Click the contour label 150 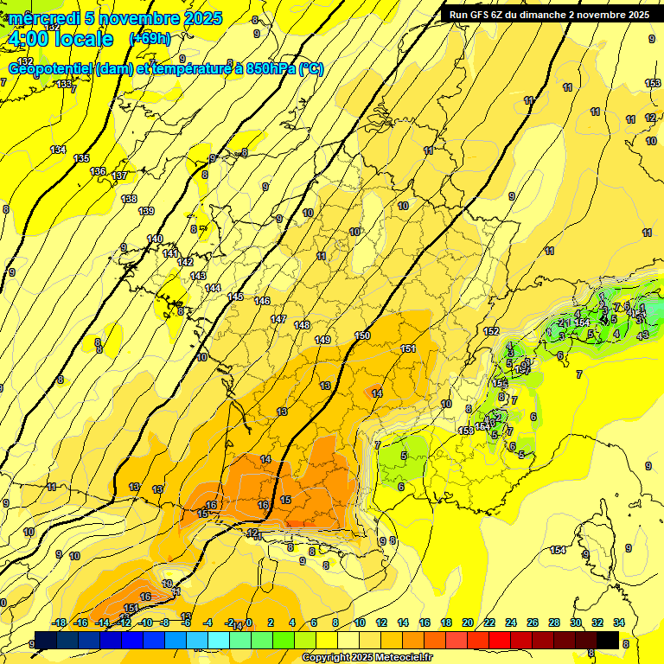(x=362, y=335)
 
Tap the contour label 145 (x=235, y=297)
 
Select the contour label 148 (x=302, y=325)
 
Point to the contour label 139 (x=146, y=211)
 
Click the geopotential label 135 (x=81, y=158)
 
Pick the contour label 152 (x=491, y=331)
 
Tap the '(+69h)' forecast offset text (x=150, y=39)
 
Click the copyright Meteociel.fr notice (x=367, y=658)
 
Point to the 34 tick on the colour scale (x=618, y=622)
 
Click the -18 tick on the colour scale (x=60, y=622)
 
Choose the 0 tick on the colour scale (x=249, y=622)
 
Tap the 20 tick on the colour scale (x=468, y=622)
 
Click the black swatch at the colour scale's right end (x=608, y=640)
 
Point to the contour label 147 (x=278, y=319)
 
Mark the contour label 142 (x=185, y=262)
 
